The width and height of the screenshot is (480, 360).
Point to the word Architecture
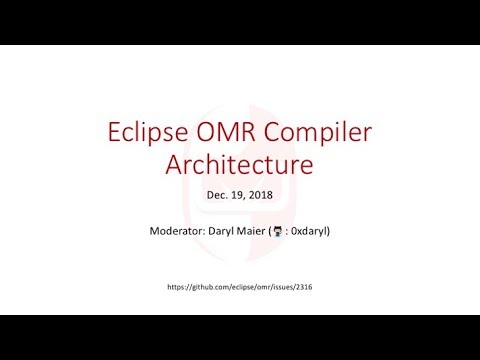coord(239,161)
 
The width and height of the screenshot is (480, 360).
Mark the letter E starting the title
coord(112,132)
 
